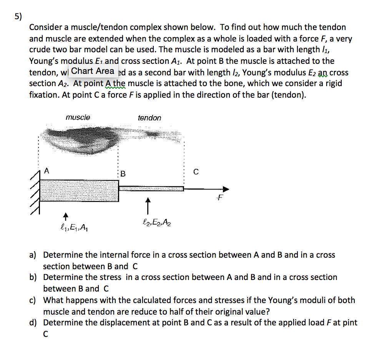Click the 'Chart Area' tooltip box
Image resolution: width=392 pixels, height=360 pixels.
pyautogui.click(x=93, y=71)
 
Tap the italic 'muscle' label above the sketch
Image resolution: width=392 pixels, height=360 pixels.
pyautogui.click(x=78, y=117)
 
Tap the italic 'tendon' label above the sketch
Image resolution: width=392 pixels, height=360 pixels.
pyautogui.click(x=149, y=118)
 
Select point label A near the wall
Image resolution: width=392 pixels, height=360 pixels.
pyautogui.click(x=47, y=171)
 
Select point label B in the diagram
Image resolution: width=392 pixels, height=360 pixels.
pyautogui.click(x=123, y=174)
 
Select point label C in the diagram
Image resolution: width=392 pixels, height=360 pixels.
pyautogui.click(x=196, y=173)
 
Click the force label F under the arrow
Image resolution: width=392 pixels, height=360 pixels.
pyautogui.click(x=219, y=198)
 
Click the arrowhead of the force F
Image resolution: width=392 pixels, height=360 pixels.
pyautogui.click(x=226, y=189)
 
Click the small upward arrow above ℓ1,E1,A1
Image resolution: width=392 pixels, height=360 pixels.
pyautogui.click(x=66, y=215)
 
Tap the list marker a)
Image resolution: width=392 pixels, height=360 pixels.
pyautogui.click(x=33, y=255)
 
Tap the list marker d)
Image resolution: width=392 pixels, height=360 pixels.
pyautogui.click(x=33, y=323)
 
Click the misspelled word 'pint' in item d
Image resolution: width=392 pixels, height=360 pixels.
pyautogui.click(x=350, y=323)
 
